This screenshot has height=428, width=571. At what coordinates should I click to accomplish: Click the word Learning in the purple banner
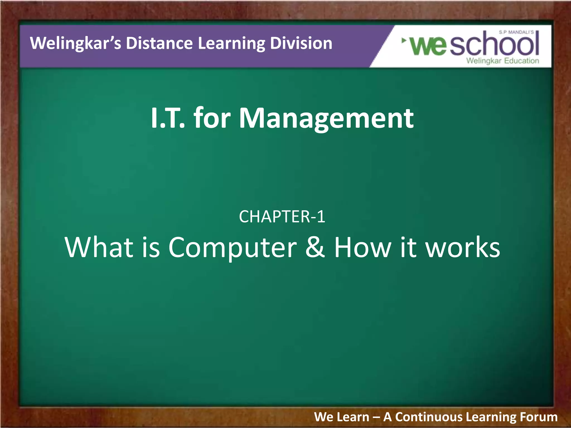[x=231, y=44]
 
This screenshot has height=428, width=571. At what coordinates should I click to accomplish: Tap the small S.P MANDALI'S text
[x=516, y=32]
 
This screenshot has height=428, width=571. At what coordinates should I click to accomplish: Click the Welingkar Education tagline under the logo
[x=502, y=61]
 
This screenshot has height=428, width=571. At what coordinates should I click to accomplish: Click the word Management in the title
[x=326, y=119]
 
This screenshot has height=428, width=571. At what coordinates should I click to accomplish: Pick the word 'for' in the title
[x=212, y=118]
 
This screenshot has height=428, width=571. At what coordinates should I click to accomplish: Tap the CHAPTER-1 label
[x=282, y=217]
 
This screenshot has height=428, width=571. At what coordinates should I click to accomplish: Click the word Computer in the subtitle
[x=233, y=247]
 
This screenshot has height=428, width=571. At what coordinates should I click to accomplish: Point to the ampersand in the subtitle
[x=315, y=247]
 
